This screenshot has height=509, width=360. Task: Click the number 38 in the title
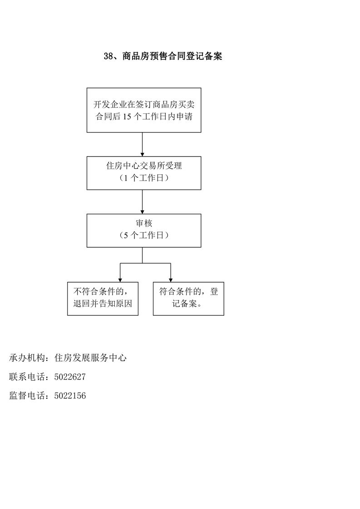coord(108,56)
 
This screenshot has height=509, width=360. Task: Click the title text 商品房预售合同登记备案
coord(172,56)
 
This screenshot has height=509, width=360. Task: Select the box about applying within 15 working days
coord(144,110)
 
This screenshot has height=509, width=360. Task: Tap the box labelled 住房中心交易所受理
coord(144,173)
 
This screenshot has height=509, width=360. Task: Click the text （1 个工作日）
coord(144,178)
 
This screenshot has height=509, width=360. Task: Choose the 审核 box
coord(144,230)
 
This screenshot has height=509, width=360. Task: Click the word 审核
coord(144,223)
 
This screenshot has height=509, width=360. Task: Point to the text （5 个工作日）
coord(144,235)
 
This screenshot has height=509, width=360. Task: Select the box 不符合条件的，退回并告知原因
coord(103,299)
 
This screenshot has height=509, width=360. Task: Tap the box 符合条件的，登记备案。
coord(188,299)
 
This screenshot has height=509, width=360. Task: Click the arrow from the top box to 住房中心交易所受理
coord(142,144)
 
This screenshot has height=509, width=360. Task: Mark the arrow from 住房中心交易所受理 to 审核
coord(142,202)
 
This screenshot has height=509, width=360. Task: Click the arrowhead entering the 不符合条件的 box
coord(120,280)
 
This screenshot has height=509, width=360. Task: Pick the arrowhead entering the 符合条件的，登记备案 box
coord(171,280)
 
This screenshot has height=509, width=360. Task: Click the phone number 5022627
coord(70,377)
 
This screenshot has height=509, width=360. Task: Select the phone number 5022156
coord(70,396)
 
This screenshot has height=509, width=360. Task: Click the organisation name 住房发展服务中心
coord(90,358)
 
